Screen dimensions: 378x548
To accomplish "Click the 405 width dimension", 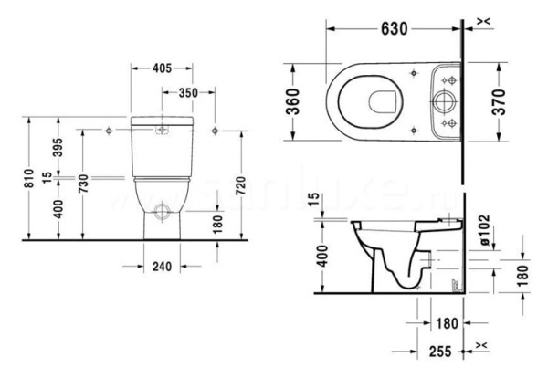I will (162, 68).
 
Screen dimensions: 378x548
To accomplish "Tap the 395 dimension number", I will (58, 148).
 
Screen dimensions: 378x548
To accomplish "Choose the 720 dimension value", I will (241, 183).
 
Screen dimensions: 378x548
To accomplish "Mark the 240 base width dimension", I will (162, 267).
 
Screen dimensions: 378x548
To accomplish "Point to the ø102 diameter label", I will (485, 226).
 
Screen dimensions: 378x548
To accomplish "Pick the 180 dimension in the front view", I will (217, 224).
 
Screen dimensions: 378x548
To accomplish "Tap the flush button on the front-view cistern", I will (163, 130).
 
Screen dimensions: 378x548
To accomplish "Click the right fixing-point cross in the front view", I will (216, 130).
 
